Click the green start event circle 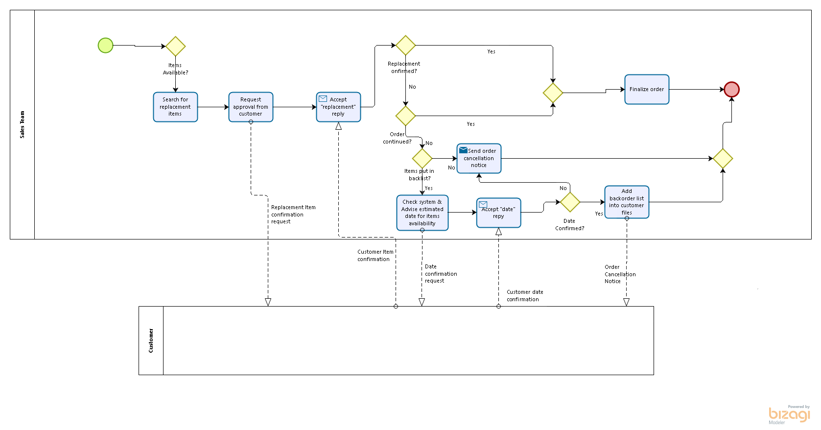click(105, 46)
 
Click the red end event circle click(731, 90)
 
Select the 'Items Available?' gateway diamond click(175, 47)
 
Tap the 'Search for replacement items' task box click(175, 107)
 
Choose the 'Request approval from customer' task click(251, 107)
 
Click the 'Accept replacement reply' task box click(338, 107)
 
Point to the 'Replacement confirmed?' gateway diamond click(405, 46)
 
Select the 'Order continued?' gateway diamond click(405, 116)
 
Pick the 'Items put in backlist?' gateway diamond click(422, 158)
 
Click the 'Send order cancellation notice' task click(479, 158)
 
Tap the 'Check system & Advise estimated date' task click(422, 213)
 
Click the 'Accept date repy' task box click(498, 213)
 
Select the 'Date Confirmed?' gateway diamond click(570, 202)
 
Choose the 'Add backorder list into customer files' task click(627, 202)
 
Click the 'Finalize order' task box click(647, 89)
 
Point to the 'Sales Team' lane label click(22, 124)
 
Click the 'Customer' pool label click(151, 340)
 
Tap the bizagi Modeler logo click(789, 415)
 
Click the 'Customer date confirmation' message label click(524, 295)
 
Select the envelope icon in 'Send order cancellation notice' click(463, 150)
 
